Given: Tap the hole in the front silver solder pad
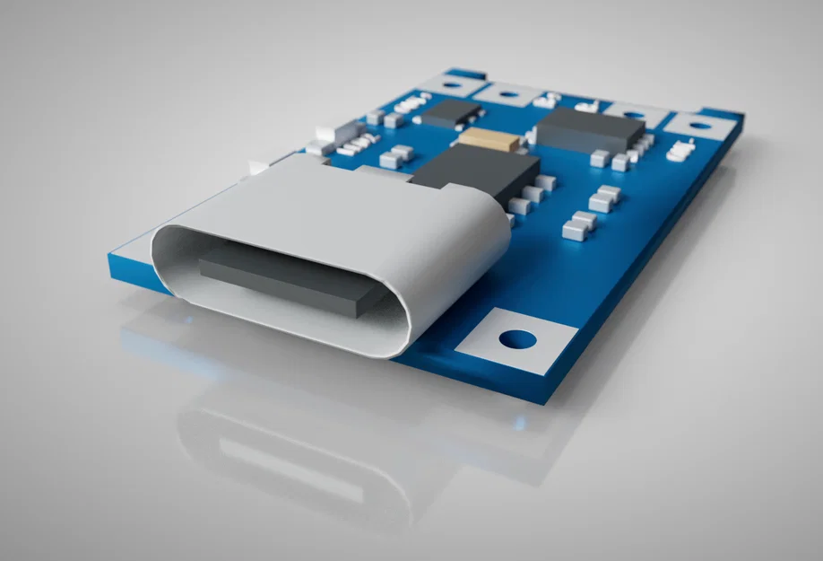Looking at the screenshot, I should [516, 339].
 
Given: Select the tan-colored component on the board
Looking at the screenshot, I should [487, 139].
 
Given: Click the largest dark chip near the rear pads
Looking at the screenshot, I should [590, 129].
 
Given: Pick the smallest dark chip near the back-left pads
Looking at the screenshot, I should [452, 113].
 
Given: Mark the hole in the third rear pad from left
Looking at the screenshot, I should [634, 114].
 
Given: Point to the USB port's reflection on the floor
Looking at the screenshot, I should [296, 458].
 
